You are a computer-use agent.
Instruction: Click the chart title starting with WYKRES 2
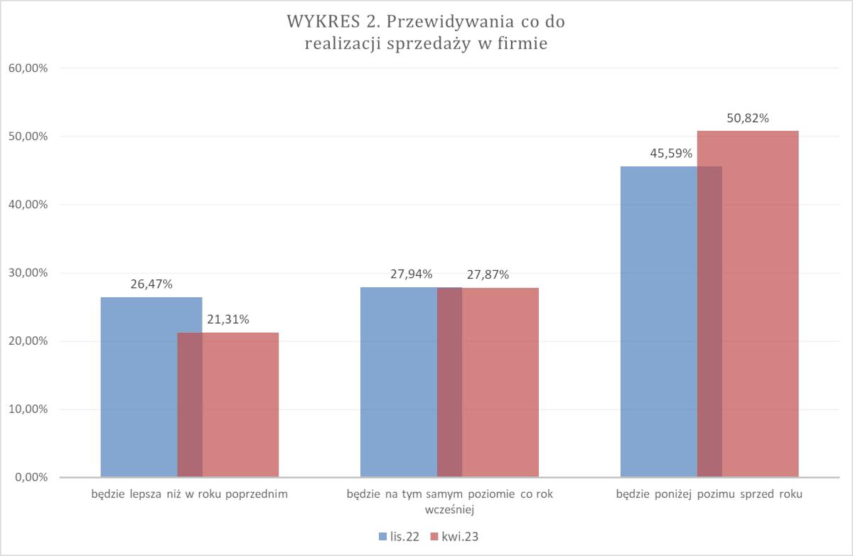coord(426,33)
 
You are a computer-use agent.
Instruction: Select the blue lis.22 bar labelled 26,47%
coord(139,387)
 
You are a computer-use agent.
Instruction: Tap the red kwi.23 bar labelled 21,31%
coord(240,405)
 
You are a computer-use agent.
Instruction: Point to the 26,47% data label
coord(151,284)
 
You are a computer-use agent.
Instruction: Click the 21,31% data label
coord(227,320)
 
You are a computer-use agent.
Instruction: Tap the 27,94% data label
coord(412,274)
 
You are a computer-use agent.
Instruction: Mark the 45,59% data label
coord(671,153)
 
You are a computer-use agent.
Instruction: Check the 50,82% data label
coord(747,119)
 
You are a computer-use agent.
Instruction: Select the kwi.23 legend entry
coord(454,536)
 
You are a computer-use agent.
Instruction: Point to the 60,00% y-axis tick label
coord(27,68)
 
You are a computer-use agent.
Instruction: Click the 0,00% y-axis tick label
coord(30,477)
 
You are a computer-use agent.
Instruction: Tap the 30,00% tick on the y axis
coord(27,273)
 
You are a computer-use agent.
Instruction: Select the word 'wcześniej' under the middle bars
coord(449,510)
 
